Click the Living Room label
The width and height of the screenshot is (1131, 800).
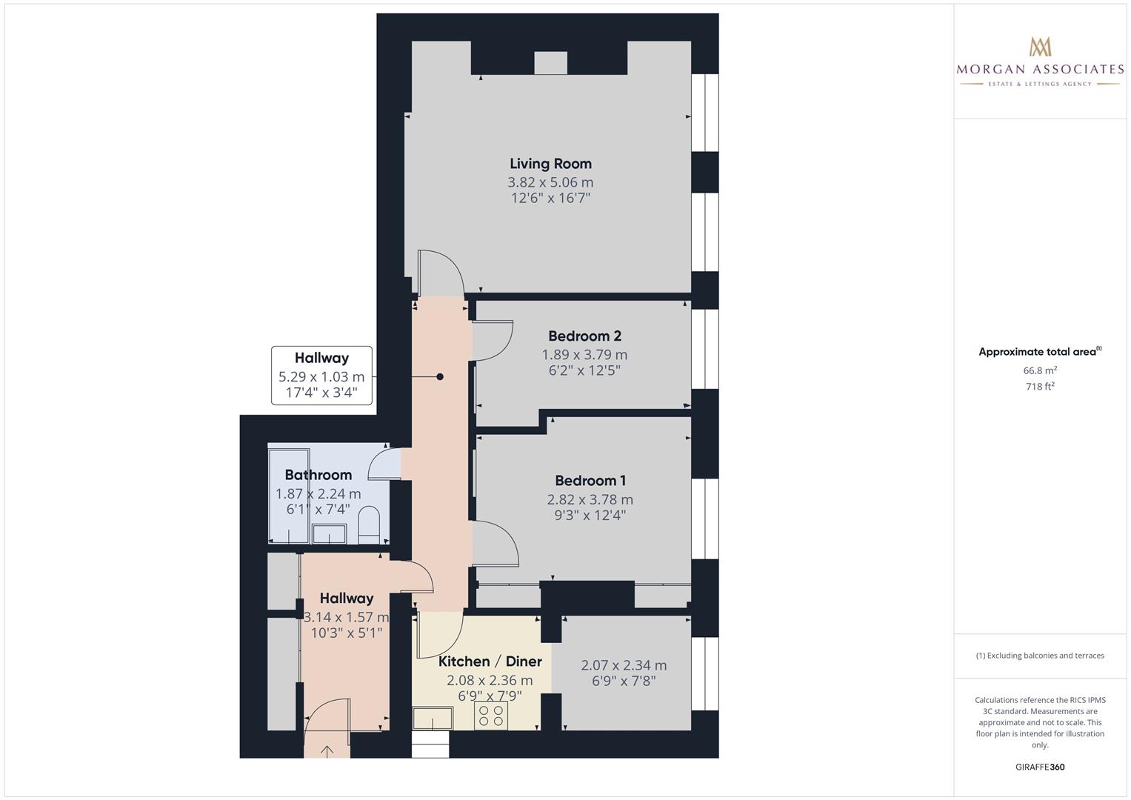click(550, 164)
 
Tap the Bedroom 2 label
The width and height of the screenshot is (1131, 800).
click(584, 336)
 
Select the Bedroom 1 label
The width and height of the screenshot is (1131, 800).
click(590, 481)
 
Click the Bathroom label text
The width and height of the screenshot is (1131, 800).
click(318, 475)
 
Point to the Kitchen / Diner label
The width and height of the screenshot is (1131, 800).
click(490, 661)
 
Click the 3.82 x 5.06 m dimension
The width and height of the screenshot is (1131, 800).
click(550, 182)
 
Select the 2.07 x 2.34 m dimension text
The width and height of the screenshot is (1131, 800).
click(624, 665)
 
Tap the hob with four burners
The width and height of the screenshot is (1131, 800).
click(490, 716)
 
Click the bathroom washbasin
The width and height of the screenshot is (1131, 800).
click(330, 533)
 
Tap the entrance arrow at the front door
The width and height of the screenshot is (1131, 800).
click(327, 750)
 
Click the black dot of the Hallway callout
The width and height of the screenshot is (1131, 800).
click(440, 377)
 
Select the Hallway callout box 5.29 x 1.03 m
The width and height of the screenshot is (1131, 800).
click(321, 376)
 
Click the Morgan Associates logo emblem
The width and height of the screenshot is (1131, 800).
click(1040, 46)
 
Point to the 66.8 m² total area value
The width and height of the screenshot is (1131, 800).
click(1040, 370)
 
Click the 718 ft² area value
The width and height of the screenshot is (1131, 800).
click(1040, 387)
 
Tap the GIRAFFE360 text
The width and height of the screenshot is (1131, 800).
click(1040, 767)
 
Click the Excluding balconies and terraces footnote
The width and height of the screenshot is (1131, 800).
click(1040, 656)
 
